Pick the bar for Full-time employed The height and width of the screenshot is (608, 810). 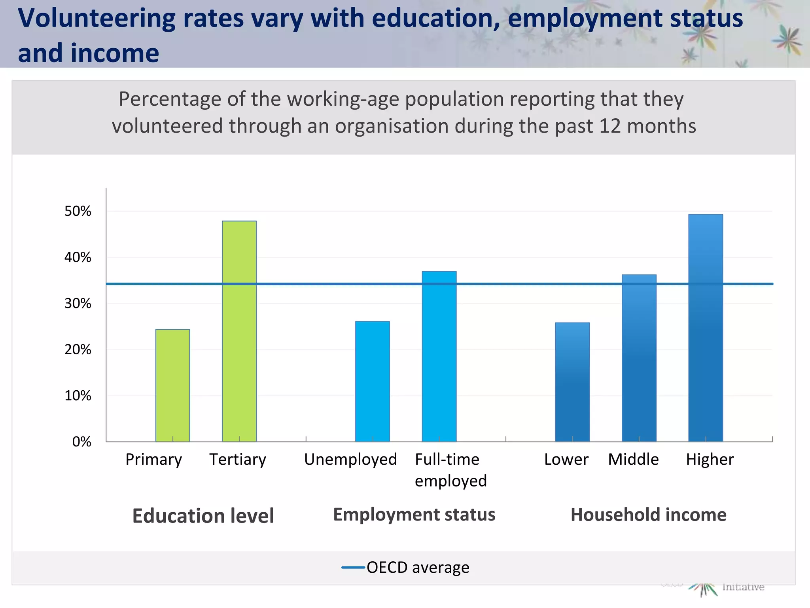(x=439, y=356)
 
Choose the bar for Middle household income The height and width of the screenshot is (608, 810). (x=639, y=358)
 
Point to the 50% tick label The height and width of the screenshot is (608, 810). (x=78, y=211)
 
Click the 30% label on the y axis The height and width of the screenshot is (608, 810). (x=78, y=304)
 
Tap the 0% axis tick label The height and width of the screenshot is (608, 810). (x=81, y=442)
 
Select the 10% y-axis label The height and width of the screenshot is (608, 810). (x=78, y=396)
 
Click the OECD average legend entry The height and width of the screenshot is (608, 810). (x=405, y=568)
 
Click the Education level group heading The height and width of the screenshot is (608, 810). (x=203, y=516)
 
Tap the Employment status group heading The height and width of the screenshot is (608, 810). (x=414, y=515)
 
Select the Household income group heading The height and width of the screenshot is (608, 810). (x=648, y=515)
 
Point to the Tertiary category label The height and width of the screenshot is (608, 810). (x=238, y=460)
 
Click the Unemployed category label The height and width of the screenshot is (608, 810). (x=350, y=460)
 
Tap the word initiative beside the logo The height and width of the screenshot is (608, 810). (x=743, y=587)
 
